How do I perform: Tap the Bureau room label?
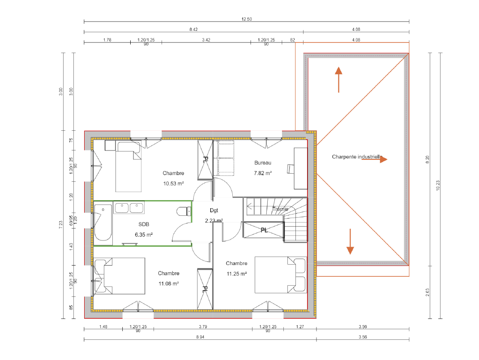tap(263, 163)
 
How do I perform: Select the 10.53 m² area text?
tap(173, 183)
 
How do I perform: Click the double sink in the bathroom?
tap(129, 208)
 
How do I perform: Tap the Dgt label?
tap(214, 210)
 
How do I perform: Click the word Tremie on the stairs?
tap(280, 209)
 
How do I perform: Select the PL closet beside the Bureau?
tap(205, 160)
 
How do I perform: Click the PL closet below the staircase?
tap(264, 230)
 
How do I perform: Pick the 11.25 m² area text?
tap(236, 273)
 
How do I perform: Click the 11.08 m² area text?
tap(168, 283)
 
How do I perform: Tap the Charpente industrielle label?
tap(357, 157)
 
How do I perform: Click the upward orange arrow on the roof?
tap(338, 79)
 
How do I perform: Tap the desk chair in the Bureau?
tap(291, 168)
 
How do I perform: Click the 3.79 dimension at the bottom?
tap(203, 327)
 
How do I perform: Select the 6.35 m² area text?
tap(144, 234)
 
